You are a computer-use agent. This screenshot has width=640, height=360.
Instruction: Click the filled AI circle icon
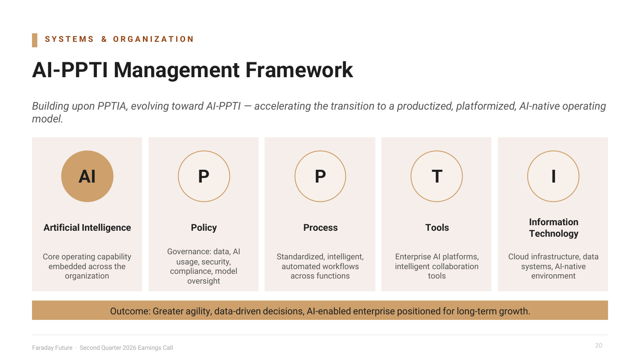pyautogui.click(x=87, y=176)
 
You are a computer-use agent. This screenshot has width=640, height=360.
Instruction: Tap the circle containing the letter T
pyautogui.click(x=436, y=151)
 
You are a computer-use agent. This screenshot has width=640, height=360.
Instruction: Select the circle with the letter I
pyautogui.click(x=553, y=151)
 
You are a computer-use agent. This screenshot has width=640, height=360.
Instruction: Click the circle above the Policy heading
pyautogui.click(x=204, y=151)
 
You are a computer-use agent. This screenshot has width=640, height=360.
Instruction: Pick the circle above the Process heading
pyautogui.click(x=320, y=151)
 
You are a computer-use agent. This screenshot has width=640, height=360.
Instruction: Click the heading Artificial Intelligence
pyautogui.click(x=87, y=228)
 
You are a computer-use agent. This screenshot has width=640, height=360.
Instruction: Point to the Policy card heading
pyautogui.click(x=204, y=228)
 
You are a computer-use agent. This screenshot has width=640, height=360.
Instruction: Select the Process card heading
pyautogui.click(x=320, y=228)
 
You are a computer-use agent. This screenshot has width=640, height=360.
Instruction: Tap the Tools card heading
pyautogui.click(x=437, y=228)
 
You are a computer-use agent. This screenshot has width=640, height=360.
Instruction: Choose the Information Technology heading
pyautogui.click(x=553, y=228)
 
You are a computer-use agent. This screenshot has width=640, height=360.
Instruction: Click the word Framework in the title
pyautogui.click(x=299, y=70)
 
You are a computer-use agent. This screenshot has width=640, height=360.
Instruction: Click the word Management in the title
pyautogui.click(x=177, y=70)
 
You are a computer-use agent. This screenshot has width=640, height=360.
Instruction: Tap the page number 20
pyautogui.click(x=599, y=345)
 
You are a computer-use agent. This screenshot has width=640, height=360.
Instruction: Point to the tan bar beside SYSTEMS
pyautogui.click(x=35, y=40)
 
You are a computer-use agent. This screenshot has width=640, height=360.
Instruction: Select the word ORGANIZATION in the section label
pyautogui.click(x=154, y=39)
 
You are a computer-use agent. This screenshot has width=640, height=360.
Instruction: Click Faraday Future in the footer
pyautogui.click(x=52, y=348)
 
